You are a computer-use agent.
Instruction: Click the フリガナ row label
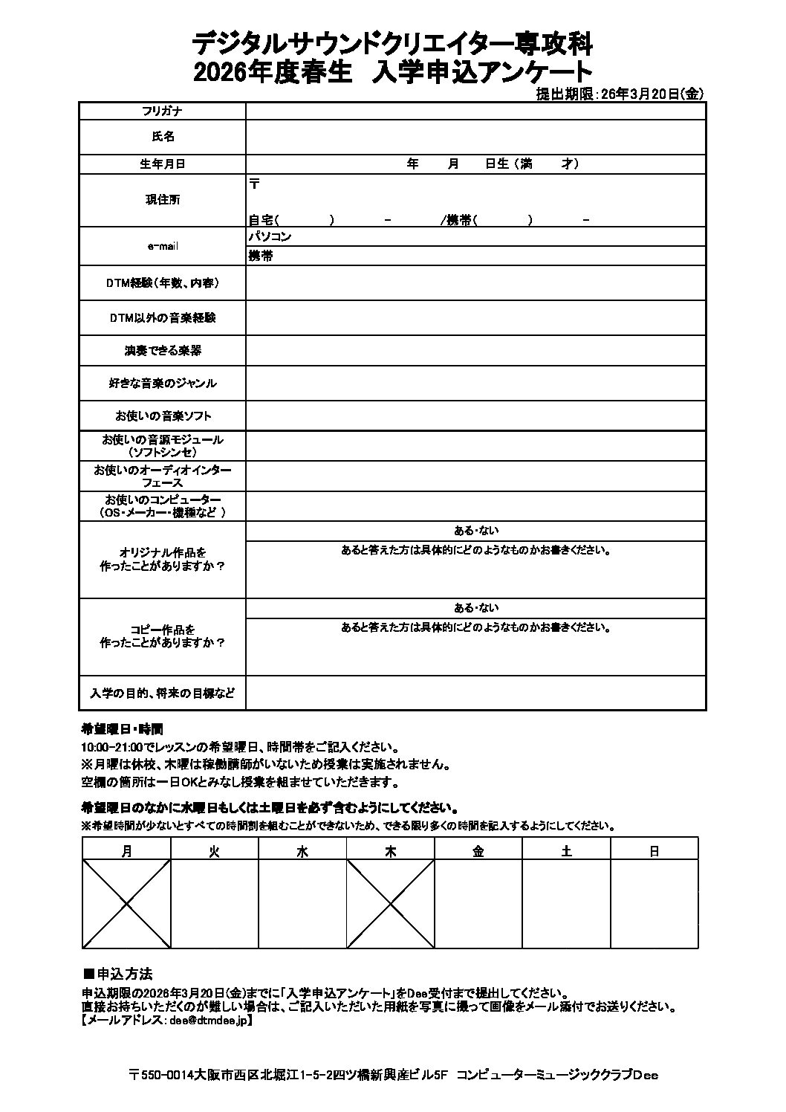[162, 111]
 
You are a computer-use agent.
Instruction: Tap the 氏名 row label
[163, 137]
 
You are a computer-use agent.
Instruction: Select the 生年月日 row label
[163, 164]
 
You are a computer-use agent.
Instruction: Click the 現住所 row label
[163, 200]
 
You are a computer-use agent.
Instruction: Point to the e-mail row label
[163, 246]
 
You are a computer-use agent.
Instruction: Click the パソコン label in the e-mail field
[270, 237]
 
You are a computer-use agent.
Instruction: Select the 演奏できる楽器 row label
[163, 350]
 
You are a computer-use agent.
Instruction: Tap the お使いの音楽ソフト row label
[163, 416]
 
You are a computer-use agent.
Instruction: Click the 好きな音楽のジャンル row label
[163, 383]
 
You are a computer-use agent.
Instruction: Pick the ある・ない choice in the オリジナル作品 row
[476, 531]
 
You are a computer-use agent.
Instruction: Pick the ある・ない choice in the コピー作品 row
[476, 608]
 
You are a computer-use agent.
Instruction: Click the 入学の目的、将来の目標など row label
[163, 693]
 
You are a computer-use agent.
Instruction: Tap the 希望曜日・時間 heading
[122, 728]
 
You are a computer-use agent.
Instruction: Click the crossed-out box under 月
[126, 903]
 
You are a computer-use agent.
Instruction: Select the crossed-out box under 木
[391, 903]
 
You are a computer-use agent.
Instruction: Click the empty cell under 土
[567, 903]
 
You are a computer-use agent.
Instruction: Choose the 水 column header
[302, 852]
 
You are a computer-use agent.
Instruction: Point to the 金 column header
[478, 852]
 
